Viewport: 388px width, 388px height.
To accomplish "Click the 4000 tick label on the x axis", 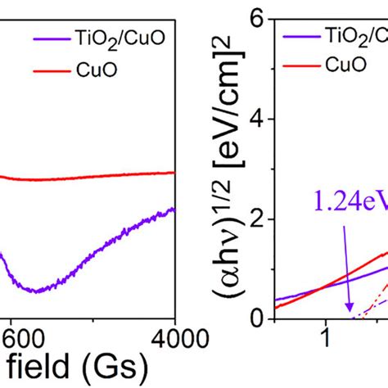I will pyautogui.click(x=169, y=336).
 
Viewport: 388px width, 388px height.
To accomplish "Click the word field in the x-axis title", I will pyautogui.click(x=34, y=364).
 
